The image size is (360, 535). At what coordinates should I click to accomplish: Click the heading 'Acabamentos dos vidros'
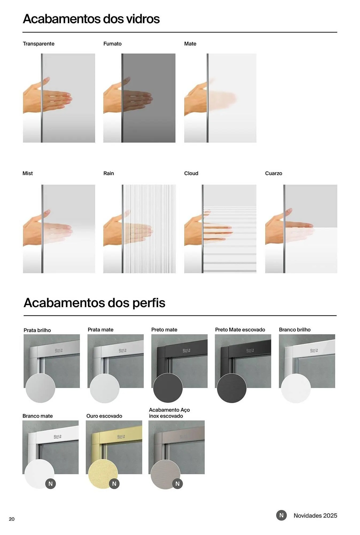91,19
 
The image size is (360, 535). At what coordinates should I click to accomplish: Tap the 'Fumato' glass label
112,44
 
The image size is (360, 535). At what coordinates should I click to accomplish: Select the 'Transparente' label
38,44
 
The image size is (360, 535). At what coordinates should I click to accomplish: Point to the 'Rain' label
109,173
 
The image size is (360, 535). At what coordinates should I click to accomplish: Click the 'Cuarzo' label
273,173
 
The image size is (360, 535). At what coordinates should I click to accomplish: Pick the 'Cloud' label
191,173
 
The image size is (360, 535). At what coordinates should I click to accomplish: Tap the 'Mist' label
28,173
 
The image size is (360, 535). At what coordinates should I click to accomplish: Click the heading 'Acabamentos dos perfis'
94,303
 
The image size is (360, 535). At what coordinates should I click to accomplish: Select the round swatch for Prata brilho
40,388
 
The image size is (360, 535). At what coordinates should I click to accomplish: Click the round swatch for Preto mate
168,388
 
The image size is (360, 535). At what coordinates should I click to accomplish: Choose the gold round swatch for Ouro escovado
103,474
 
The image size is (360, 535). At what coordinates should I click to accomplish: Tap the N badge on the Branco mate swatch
51,484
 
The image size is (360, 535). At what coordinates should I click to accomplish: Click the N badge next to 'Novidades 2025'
281,515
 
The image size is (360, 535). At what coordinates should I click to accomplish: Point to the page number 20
11,519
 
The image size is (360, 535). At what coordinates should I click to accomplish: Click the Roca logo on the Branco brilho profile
314,350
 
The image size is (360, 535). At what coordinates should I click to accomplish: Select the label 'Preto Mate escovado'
240,330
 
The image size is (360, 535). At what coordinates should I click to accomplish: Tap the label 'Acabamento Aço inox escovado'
169,413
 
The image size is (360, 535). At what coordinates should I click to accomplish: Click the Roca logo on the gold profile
121,436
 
